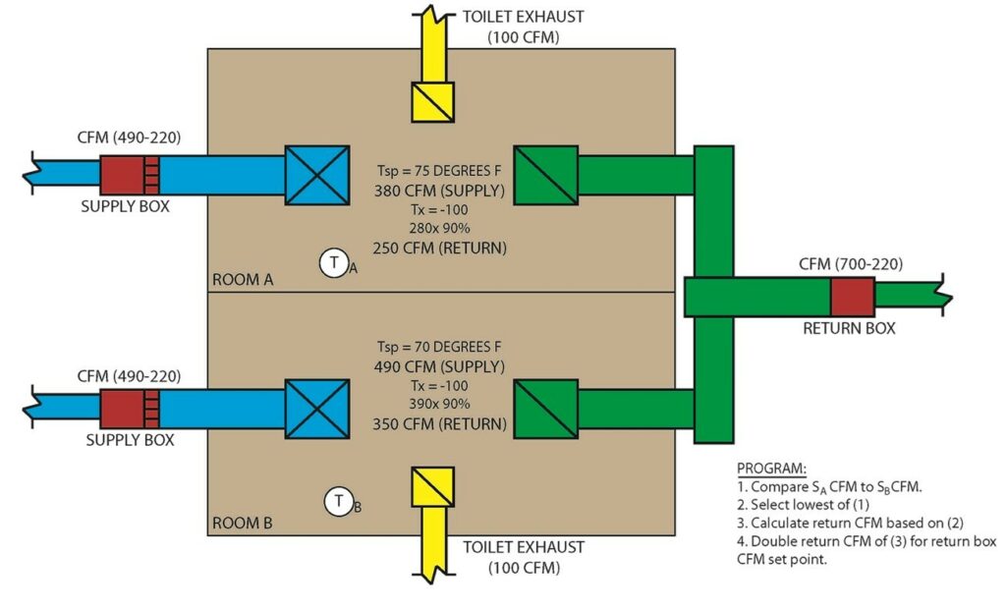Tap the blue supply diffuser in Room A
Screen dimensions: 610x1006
pos(316,176)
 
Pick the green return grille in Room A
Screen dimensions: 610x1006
pos(545,176)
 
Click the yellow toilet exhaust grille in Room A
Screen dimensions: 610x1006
pos(431,101)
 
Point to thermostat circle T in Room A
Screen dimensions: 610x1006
pos(336,263)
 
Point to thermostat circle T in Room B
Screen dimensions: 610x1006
pos(339,502)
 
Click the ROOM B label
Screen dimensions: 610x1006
pos(243,523)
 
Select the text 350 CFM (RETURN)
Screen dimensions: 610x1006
pos(439,425)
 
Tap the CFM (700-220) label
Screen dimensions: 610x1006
pos(851,263)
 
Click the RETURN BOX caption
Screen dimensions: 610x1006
pos(849,329)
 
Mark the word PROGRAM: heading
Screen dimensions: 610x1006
pos(771,468)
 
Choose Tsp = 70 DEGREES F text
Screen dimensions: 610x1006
pos(439,347)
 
